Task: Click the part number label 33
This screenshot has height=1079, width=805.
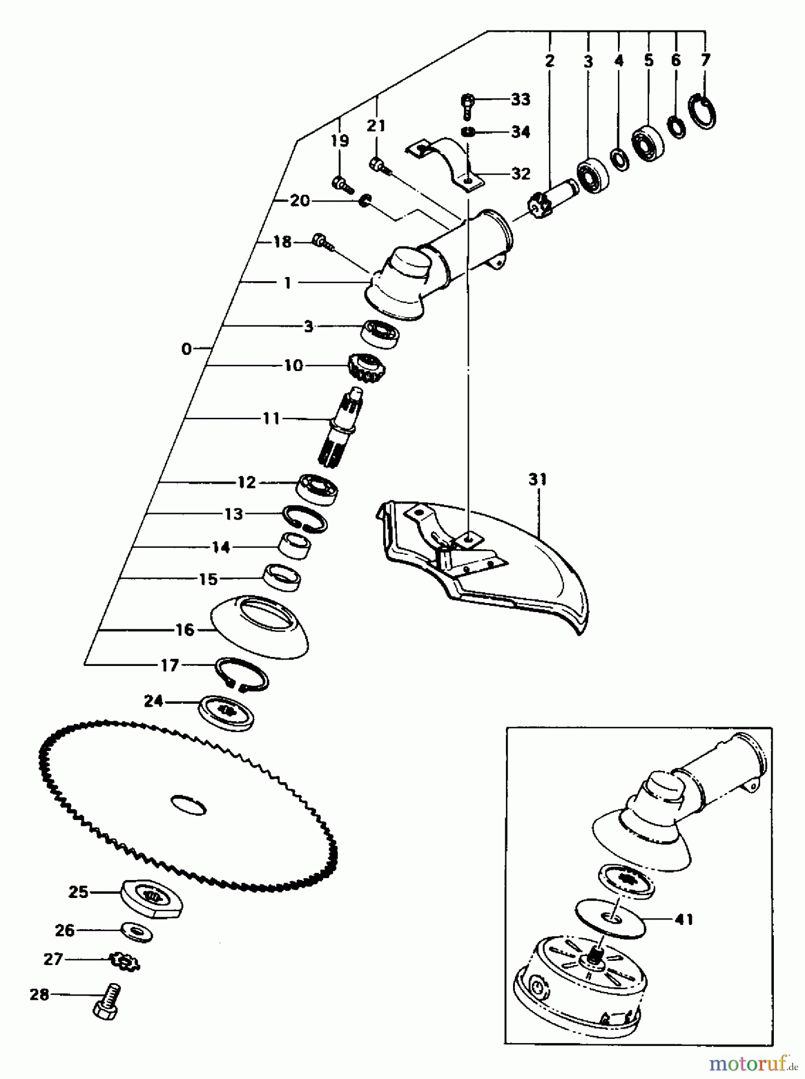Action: (520, 99)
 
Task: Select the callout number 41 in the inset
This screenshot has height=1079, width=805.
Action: (683, 919)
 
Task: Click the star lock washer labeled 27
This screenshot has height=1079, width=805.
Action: (125, 962)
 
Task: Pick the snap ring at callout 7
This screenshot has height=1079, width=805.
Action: (705, 111)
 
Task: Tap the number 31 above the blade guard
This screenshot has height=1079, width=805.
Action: (538, 480)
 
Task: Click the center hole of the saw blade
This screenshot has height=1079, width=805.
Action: (189, 804)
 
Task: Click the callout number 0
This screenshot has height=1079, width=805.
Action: (186, 348)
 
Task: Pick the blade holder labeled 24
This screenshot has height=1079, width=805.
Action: (226, 712)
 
